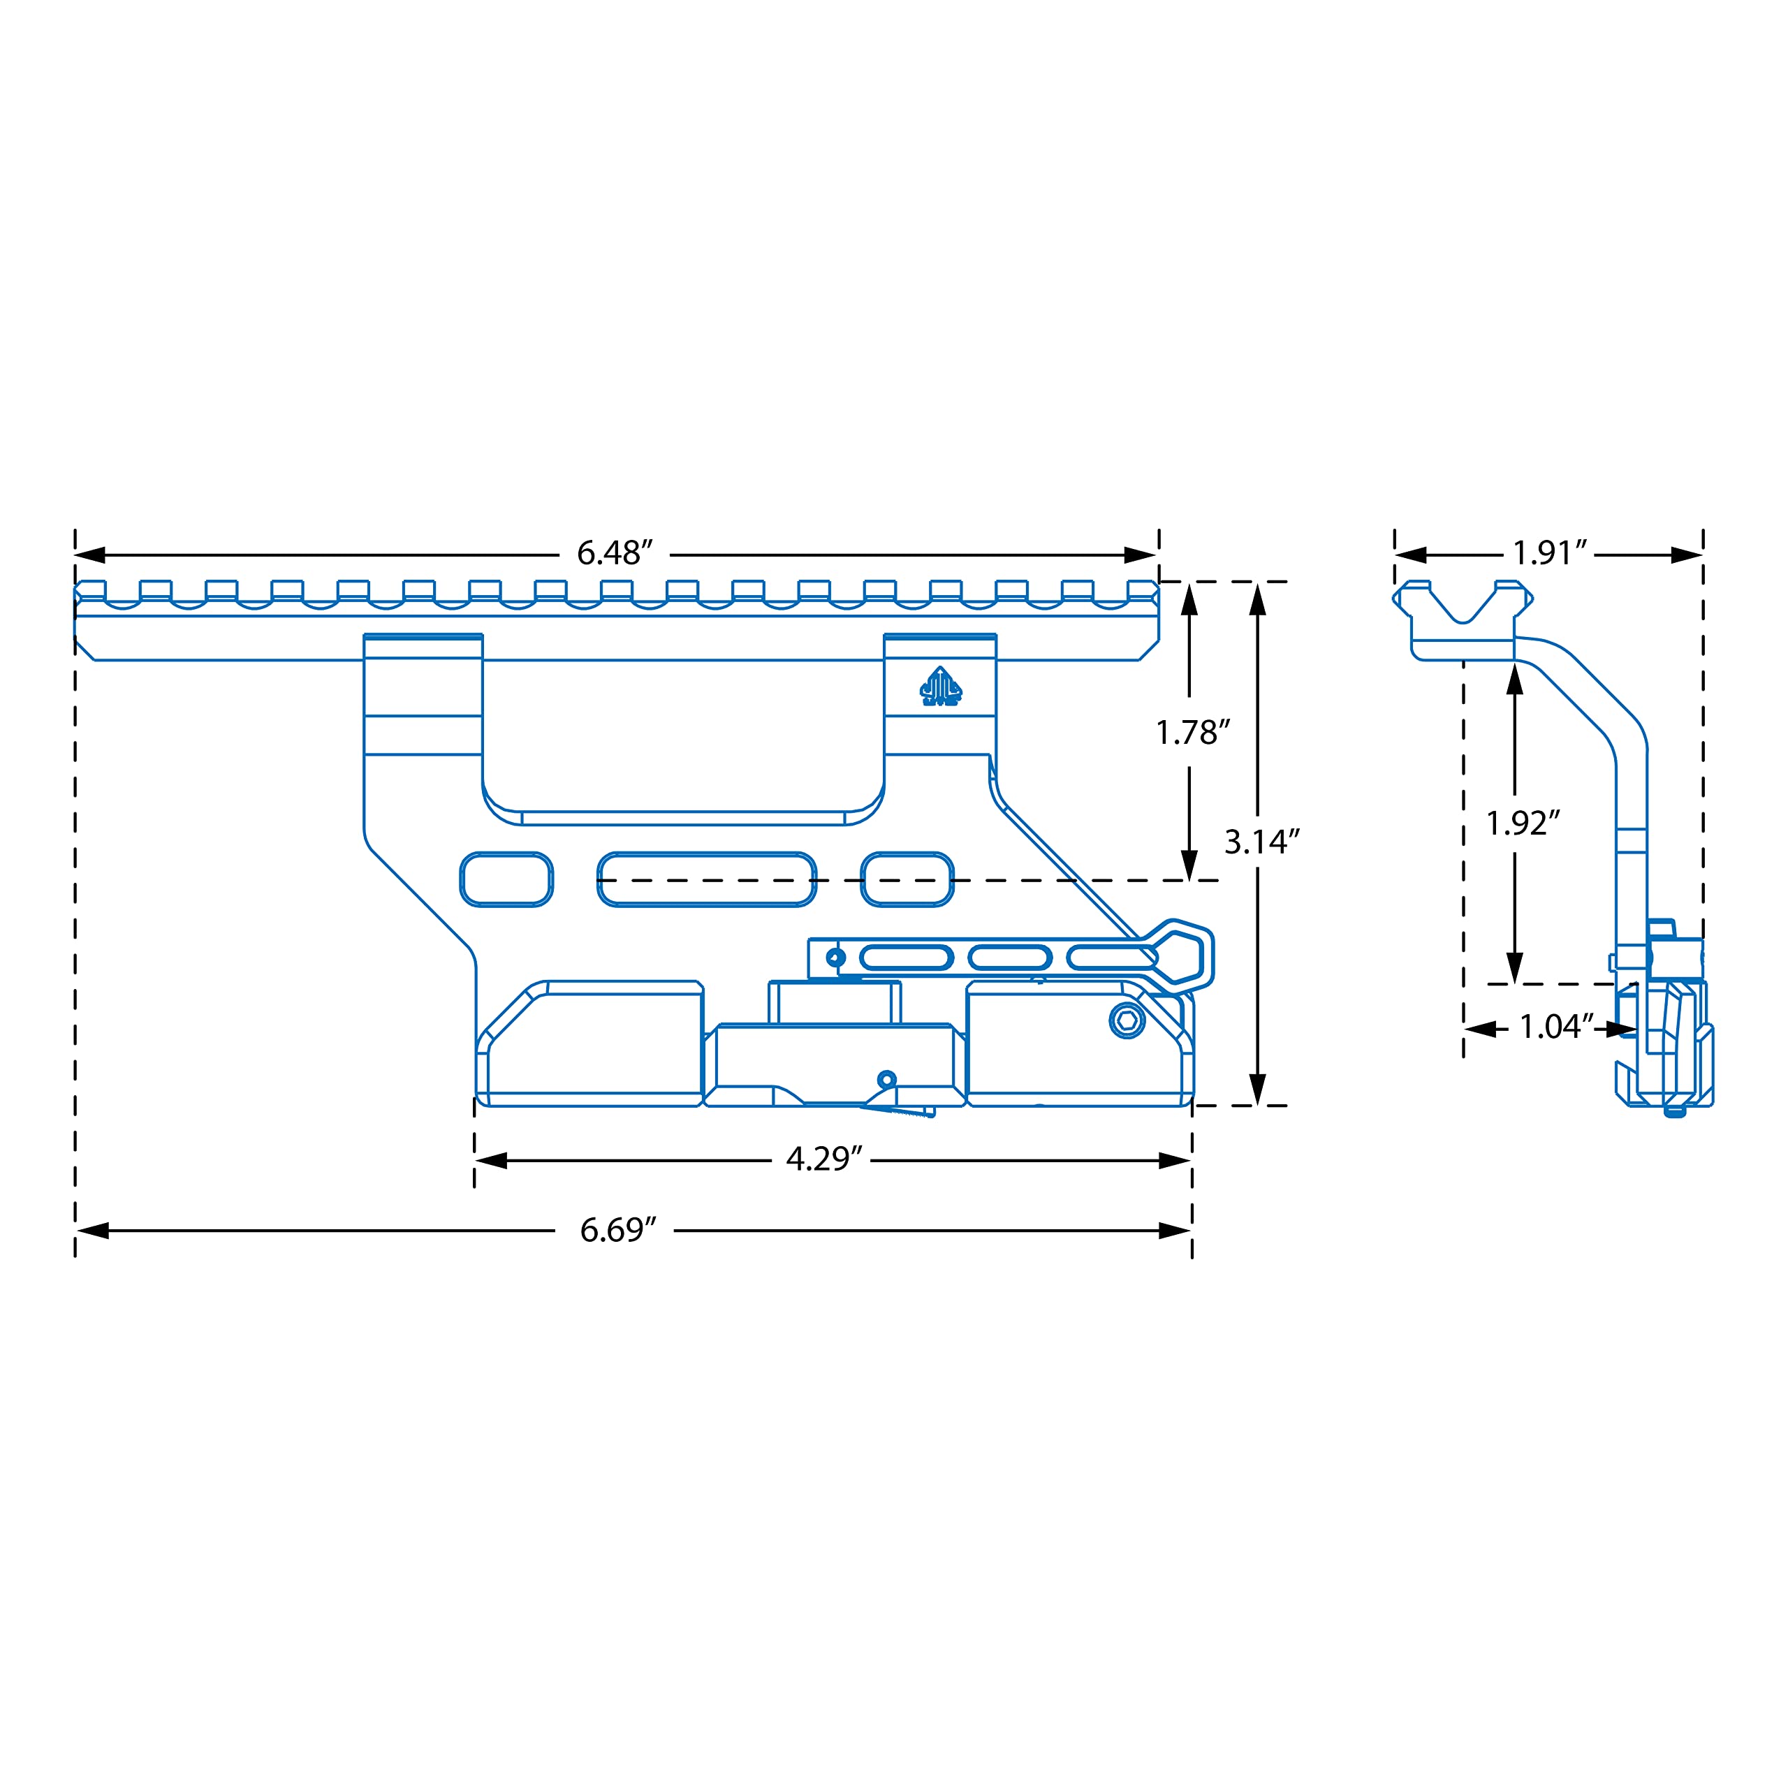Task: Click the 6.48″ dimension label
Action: (615, 553)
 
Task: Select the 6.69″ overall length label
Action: (618, 1230)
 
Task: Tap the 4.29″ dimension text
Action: (823, 1159)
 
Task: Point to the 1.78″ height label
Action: (1193, 733)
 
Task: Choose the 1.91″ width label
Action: (1550, 553)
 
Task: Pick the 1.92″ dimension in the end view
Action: (1523, 823)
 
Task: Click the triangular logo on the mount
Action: (940, 687)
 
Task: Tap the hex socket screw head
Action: (1127, 1021)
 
